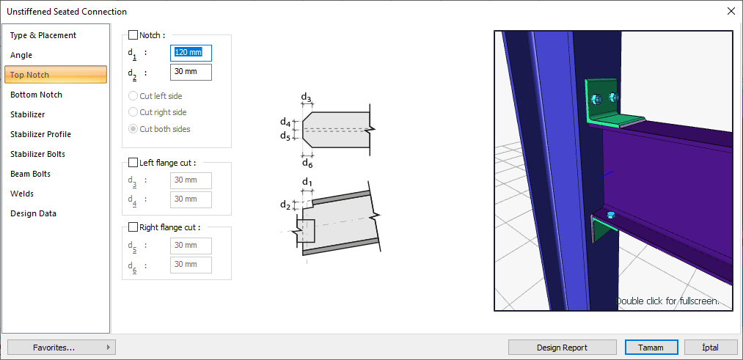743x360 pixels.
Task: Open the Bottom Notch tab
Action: [36, 95]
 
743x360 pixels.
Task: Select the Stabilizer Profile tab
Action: [41, 134]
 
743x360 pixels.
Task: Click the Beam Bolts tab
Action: [30, 174]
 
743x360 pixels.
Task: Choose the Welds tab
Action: [22, 194]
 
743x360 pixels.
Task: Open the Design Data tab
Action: [33, 213]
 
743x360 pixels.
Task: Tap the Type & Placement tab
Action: [43, 35]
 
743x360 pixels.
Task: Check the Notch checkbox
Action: [133, 35]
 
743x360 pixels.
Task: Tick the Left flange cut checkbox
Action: [133, 163]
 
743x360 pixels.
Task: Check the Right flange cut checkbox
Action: [133, 227]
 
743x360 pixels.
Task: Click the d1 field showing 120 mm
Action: [191, 53]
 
